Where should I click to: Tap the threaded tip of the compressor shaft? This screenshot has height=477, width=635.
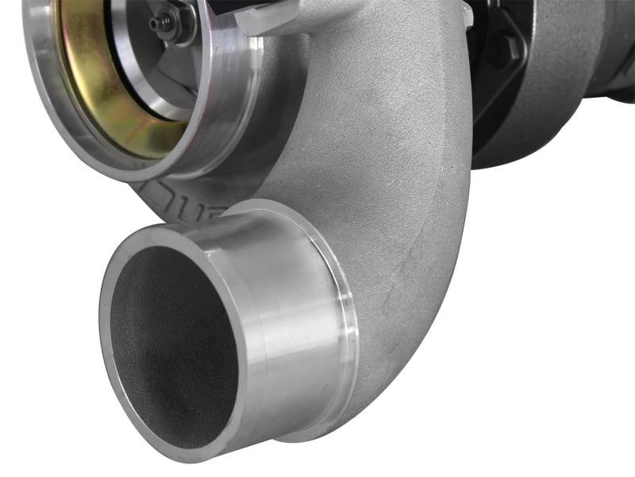pyautogui.click(x=156, y=23)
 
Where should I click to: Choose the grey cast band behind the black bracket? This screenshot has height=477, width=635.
pyautogui.click(x=548, y=119)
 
